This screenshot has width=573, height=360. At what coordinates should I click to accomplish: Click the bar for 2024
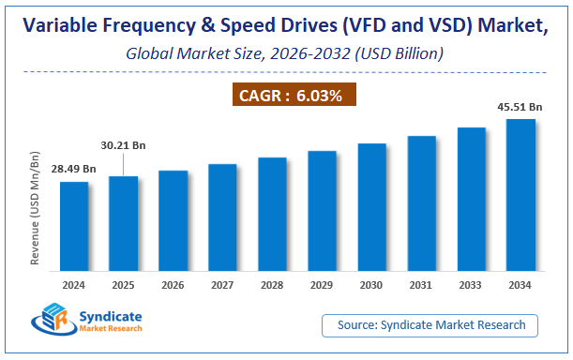click(74, 224)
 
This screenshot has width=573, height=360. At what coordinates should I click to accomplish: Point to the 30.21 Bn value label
click(124, 145)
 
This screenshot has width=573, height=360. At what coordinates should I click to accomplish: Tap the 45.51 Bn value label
click(521, 108)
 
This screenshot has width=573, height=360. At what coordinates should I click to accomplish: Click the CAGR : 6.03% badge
click(293, 95)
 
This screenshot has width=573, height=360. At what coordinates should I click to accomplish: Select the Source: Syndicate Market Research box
click(431, 324)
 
